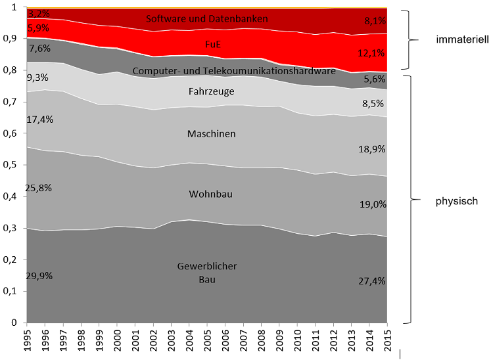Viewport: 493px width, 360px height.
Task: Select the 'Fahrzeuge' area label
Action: (x=211, y=91)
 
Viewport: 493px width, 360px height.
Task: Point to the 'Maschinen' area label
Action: (x=211, y=134)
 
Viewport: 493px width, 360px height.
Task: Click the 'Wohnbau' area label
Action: (x=210, y=194)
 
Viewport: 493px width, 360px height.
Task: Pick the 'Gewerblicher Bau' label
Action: (x=206, y=273)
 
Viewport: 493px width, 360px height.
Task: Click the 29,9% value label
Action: (x=40, y=276)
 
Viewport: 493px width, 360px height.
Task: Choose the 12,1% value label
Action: (x=372, y=52)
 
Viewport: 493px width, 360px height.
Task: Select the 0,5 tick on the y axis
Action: (x=11, y=165)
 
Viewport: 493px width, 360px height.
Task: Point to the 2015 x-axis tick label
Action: (x=388, y=342)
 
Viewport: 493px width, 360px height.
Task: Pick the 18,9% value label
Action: (x=372, y=149)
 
